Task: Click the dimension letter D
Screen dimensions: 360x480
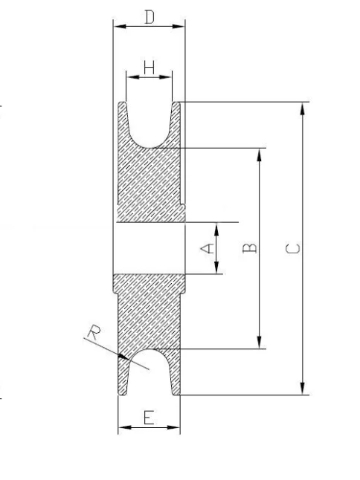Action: [150, 17]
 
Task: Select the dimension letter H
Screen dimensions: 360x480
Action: [150, 68]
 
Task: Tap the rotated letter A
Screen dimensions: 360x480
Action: [208, 248]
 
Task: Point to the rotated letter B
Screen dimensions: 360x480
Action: [249, 247]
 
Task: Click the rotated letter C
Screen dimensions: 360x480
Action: [293, 249]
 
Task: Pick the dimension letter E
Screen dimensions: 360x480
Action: [150, 418]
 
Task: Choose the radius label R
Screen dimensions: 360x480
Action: [94, 333]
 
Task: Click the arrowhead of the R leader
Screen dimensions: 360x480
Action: [123, 357]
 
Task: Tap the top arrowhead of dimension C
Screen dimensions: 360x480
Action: [303, 109]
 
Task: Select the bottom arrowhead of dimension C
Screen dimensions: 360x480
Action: [303, 388]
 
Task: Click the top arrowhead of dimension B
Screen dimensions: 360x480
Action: [260, 155]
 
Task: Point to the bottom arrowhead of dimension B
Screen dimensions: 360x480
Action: [260, 342]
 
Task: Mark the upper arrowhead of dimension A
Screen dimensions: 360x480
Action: [216, 230]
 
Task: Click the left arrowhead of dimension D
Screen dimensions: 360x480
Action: [120, 26]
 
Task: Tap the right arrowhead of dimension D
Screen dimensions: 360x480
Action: [179, 26]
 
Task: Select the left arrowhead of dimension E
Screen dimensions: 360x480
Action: [125, 427]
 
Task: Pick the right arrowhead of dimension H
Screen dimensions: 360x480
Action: [165, 77]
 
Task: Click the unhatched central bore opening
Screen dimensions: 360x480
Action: [150, 248]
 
